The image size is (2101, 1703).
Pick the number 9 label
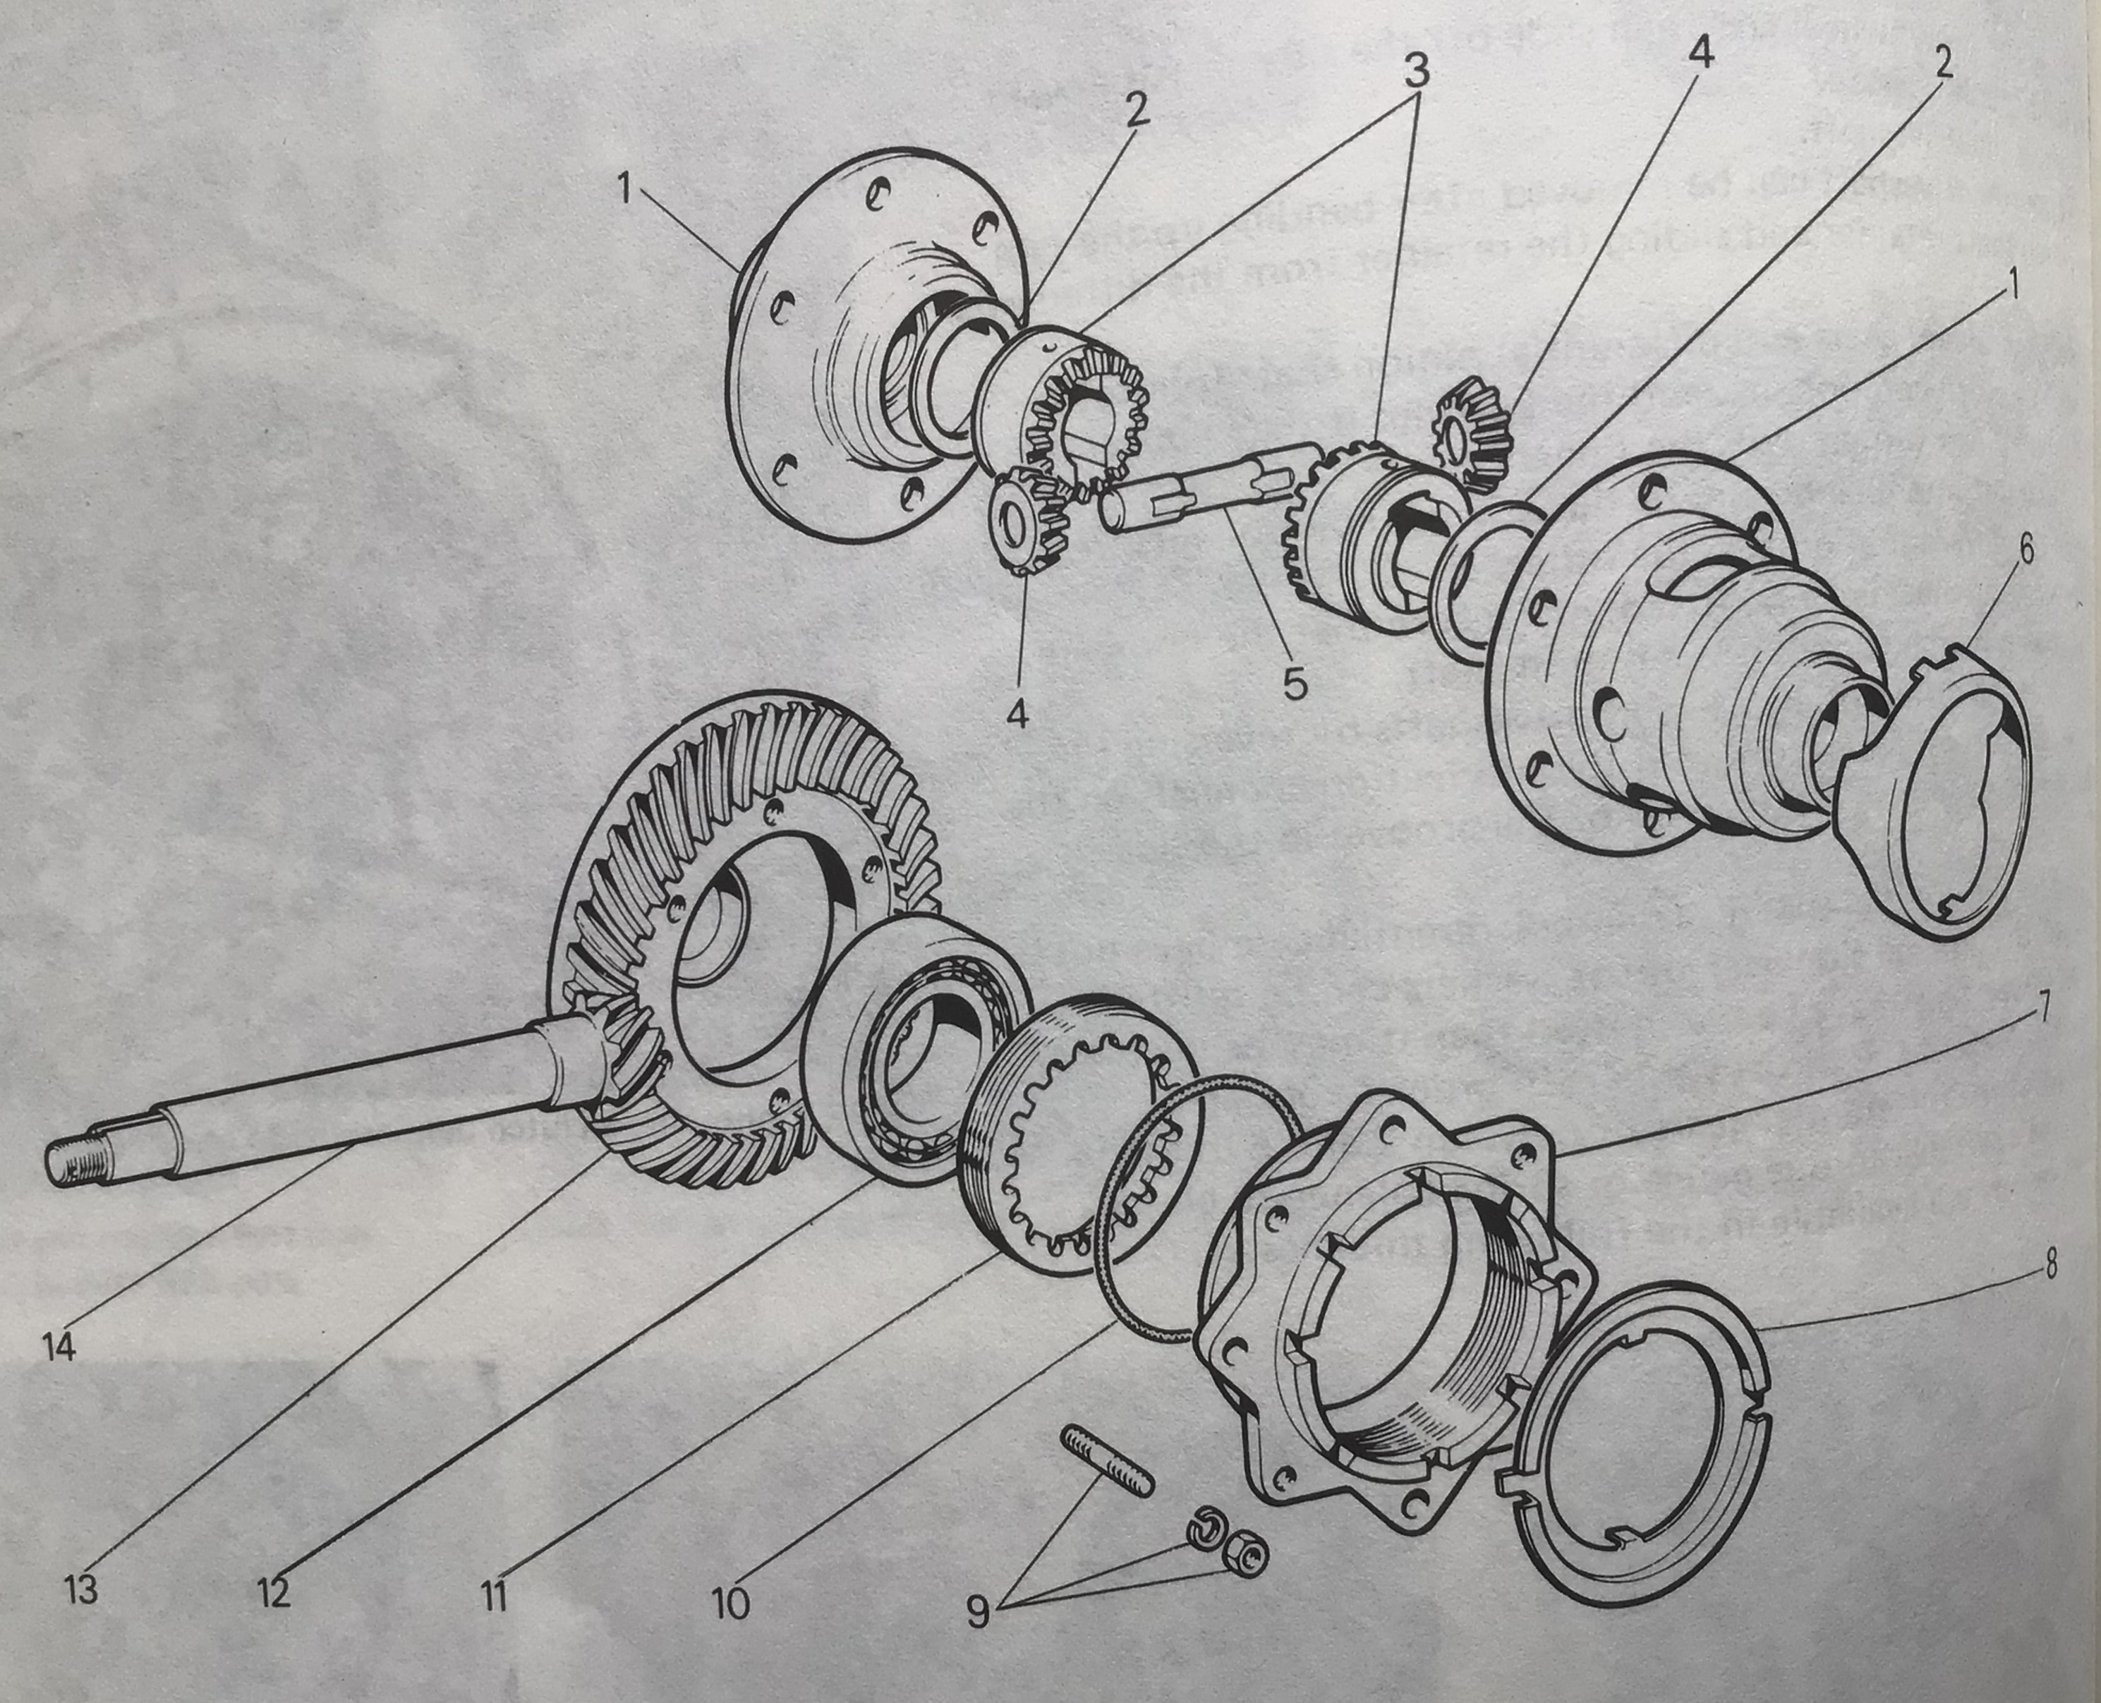click(977, 1611)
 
